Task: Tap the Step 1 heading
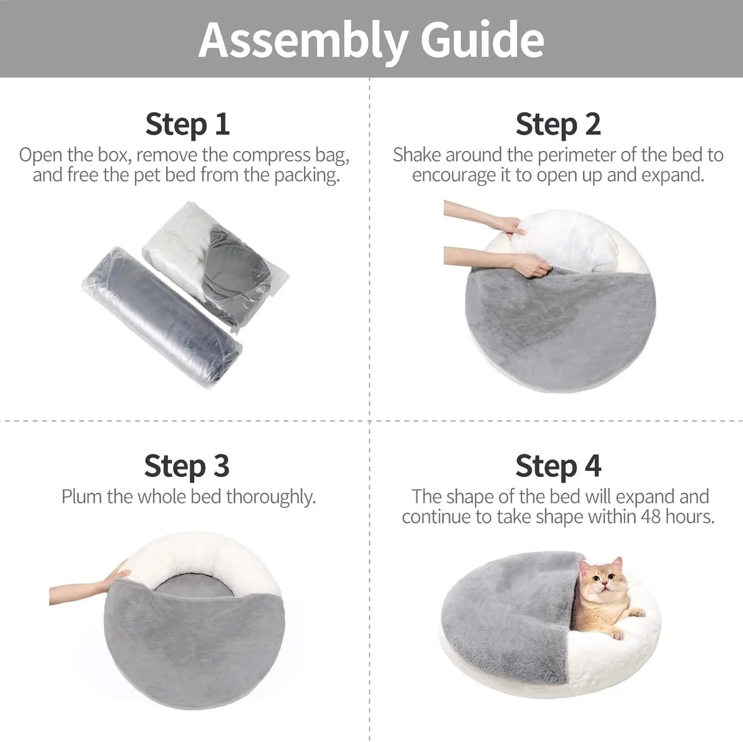(187, 125)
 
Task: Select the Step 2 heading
(558, 125)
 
